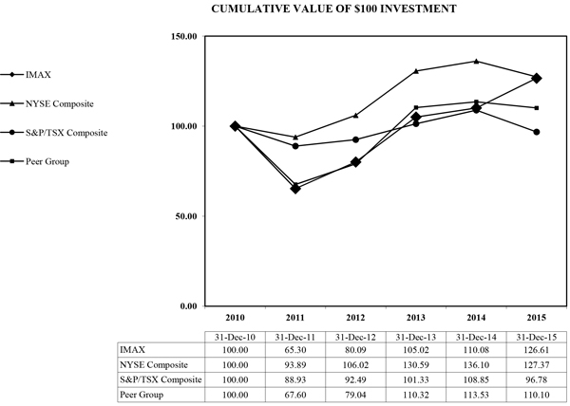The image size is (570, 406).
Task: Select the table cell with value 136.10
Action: [x=478, y=365]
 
